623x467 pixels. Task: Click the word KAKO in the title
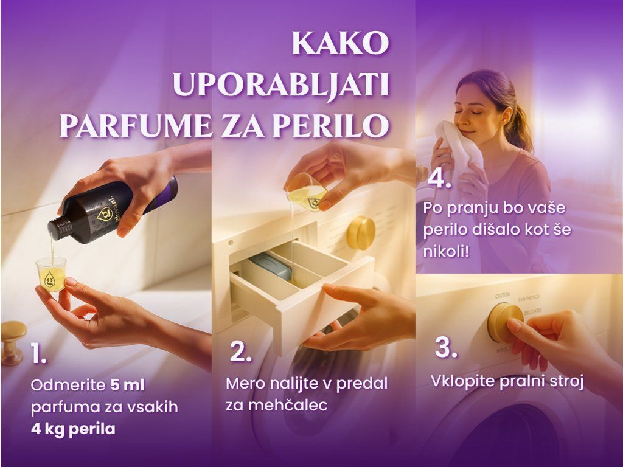340,43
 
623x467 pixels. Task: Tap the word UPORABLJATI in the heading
280,85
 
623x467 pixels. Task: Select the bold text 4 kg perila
73,429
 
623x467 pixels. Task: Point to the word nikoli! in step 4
446,251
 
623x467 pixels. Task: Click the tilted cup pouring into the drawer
307,192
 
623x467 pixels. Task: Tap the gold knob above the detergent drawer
361,232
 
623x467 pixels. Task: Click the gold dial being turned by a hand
504,322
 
